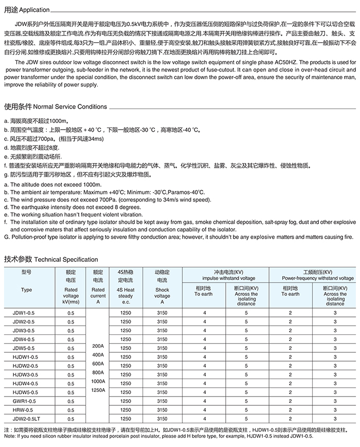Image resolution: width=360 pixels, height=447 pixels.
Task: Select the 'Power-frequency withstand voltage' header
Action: (x=311, y=277)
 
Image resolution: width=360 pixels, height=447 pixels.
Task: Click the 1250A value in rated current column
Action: (x=98, y=390)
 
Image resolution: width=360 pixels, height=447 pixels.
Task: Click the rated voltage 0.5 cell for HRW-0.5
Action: (x=71, y=410)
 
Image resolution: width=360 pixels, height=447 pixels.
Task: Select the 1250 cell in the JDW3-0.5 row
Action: (x=125, y=330)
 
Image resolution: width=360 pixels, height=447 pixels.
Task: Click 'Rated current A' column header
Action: (x=98, y=296)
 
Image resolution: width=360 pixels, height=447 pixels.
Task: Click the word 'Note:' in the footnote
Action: (x=10, y=436)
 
